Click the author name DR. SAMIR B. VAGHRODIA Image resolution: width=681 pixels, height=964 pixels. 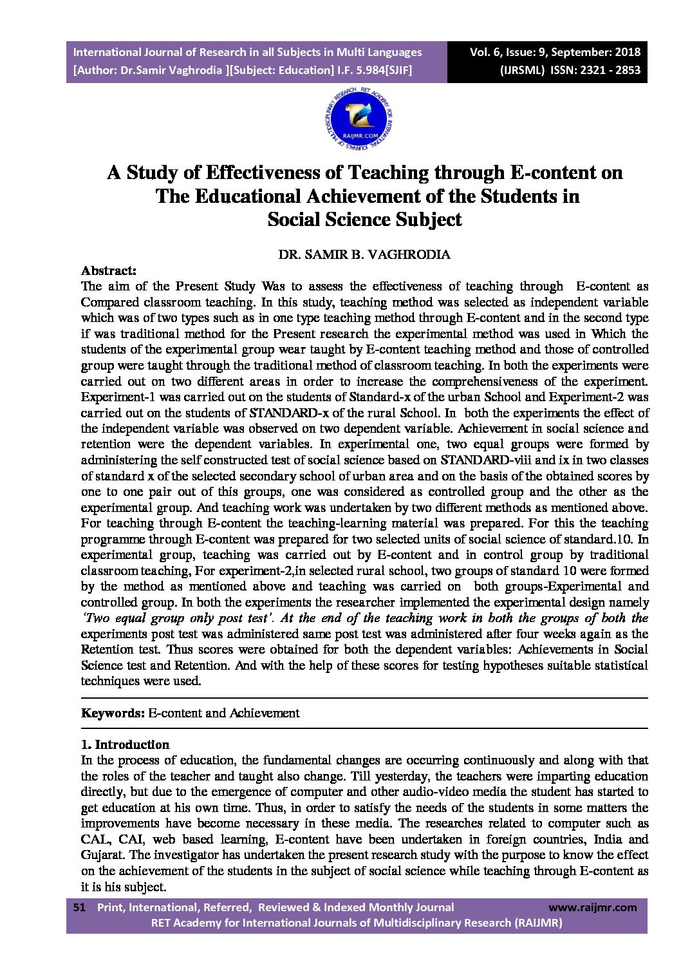tap(364, 254)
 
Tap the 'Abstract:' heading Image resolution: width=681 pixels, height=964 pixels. tap(108, 270)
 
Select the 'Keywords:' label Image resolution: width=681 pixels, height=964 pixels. tap(113, 713)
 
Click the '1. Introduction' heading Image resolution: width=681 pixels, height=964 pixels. tap(125, 744)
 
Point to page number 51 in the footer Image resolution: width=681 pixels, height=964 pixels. tap(80, 907)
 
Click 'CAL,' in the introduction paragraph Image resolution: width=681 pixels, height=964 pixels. tap(97, 839)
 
